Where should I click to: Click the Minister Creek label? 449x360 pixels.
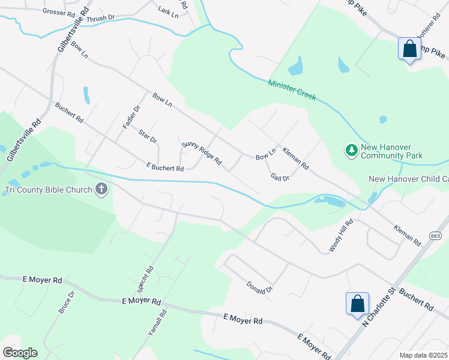(292, 90)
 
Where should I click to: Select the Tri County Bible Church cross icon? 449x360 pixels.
(101, 190)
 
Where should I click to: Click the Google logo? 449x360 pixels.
(20, 353)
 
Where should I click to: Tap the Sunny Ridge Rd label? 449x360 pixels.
(202, 154)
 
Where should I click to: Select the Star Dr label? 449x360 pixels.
(147, 136)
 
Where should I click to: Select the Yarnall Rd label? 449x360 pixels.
(157, 322)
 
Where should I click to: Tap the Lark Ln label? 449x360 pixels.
(168, 12)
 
